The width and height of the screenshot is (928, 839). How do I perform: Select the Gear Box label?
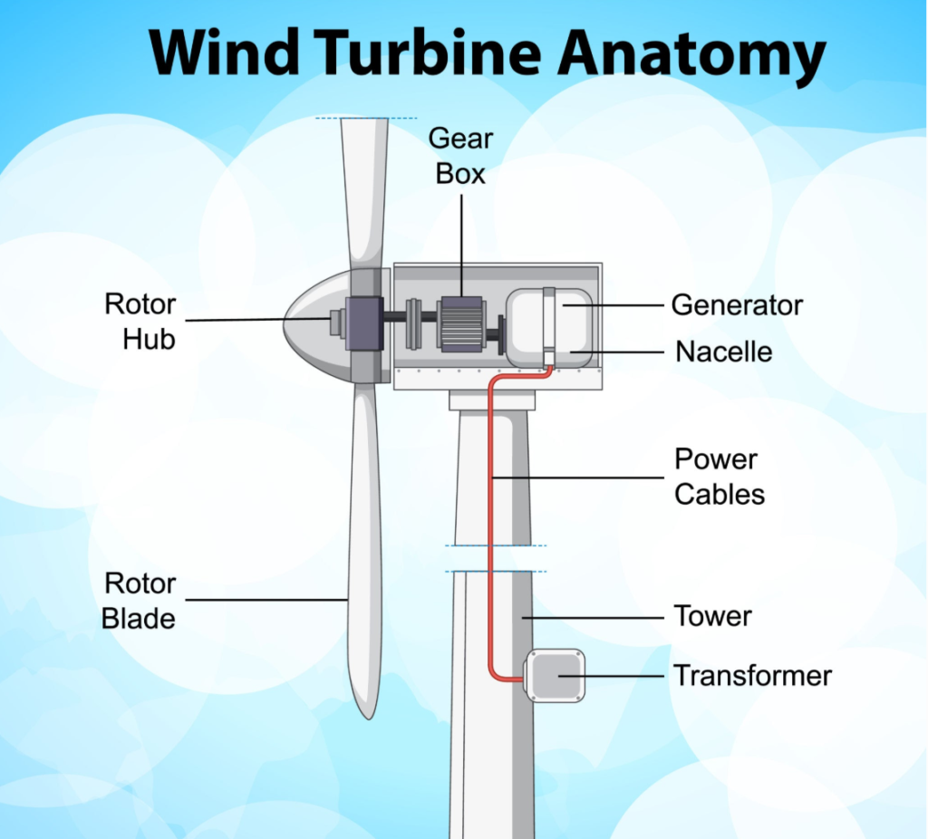click(x=460, y=156)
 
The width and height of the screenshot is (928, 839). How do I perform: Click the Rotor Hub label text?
click(x=140, y=321)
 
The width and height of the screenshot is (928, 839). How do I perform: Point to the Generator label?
click(x=737, y=304)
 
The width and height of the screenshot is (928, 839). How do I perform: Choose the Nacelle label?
click(x=724, y=352)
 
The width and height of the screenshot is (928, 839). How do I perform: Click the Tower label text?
click(x=713, y=616)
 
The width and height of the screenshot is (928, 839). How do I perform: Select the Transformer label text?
click(x=752, y=675)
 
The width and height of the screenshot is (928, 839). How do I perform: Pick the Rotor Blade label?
click(x=139, y=601)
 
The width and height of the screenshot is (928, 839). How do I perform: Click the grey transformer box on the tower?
click(x=555, y=676)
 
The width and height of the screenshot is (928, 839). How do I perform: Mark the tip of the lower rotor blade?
click(x=366, y=711)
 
